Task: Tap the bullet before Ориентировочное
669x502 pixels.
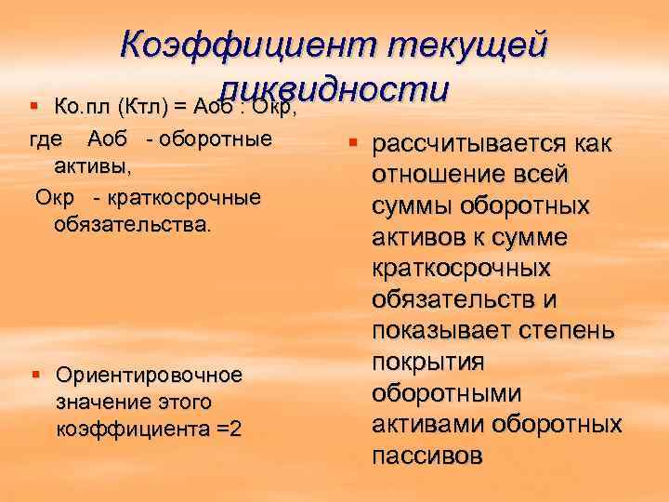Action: coord(36,375)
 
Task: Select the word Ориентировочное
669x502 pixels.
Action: coord(149,375)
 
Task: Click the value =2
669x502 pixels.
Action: coord(230,430)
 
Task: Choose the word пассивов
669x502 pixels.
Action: coord(426,456)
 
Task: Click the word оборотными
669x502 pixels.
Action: coord(445,393)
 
